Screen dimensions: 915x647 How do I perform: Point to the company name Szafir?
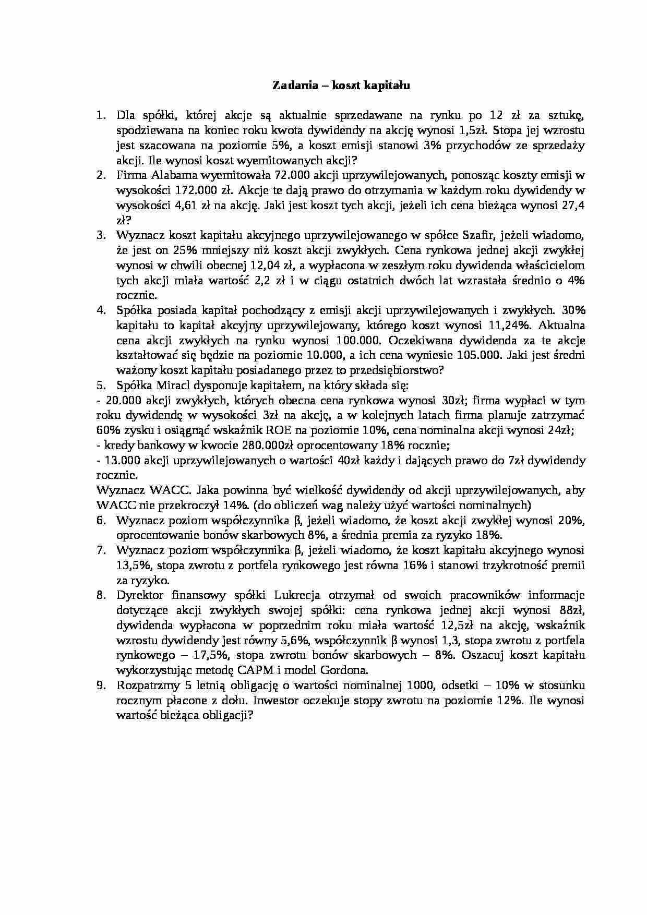click(x=483, y=235)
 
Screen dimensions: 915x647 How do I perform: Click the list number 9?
click(x=101, y=685)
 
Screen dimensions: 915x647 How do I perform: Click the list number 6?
click(x=101, y=520)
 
